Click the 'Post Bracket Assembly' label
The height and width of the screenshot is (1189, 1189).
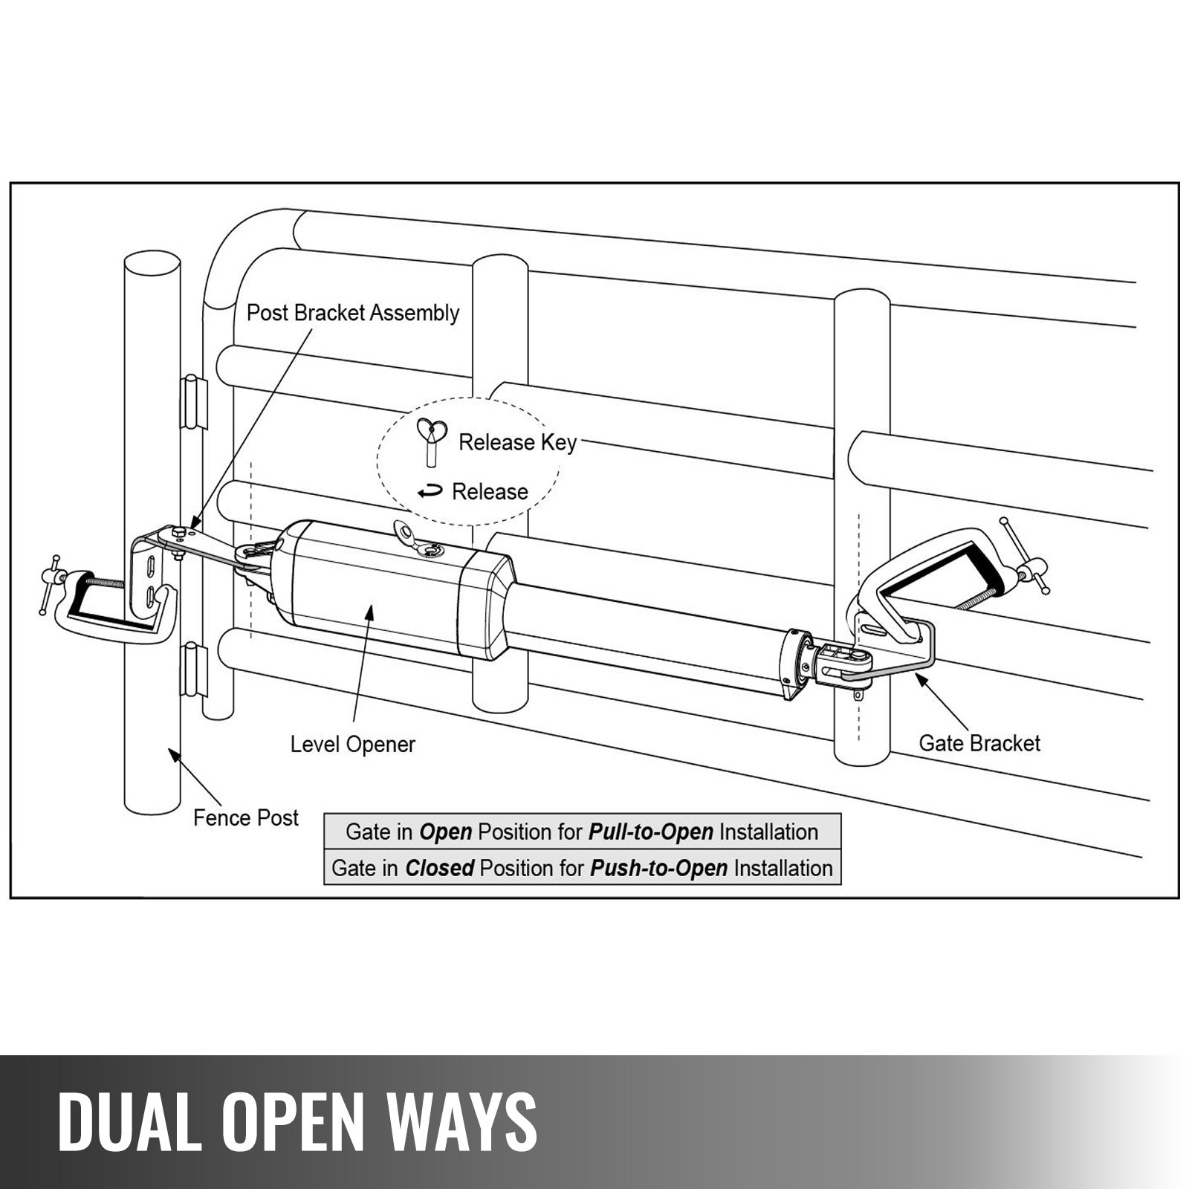pyautogui.click(x=352, y=313)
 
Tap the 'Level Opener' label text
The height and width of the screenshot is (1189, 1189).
pyautogui.click(x=352, y=745)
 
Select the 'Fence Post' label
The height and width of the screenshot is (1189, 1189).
pyautogui.click(x=245, y=818)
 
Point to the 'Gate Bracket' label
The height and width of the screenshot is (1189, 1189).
pyautogui.click(x=979, y=743)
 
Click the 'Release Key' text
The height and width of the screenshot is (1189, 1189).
pyautogui.click(x=517, y=443)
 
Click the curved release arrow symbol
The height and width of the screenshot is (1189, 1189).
pyautogui.click(x=430, y=492)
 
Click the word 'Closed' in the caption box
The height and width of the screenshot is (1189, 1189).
pyautogui.click(x=439, y=868)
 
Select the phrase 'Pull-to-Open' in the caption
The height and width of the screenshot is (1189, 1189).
pyautogui.click(x=650, y=832)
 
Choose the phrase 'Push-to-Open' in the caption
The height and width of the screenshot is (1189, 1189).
pyautogui.click(x=658, y=868)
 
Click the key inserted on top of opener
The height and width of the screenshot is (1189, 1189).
pyautogui.click(x=416, y=539)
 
